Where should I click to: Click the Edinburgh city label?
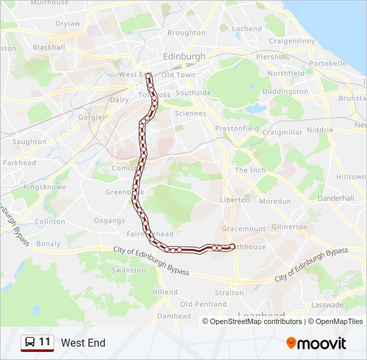tap(183, 57)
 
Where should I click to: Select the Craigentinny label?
tap(292, 41)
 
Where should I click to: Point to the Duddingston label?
tap(285, 91)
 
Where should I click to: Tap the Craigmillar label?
tap(282, 132)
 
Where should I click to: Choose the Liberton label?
tap(235, 199)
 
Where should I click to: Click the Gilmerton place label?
tap(290, 227)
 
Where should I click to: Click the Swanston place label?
tap(128, 270)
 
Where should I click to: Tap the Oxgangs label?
tap(109, 221)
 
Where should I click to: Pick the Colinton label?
tap(50, 221)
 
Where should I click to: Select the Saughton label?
tap(29, 142)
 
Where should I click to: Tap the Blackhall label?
tap(49, 47)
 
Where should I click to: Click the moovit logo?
tap(316, 343)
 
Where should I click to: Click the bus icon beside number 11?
tap(29, 343)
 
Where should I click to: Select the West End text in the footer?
tap(83, 343)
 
